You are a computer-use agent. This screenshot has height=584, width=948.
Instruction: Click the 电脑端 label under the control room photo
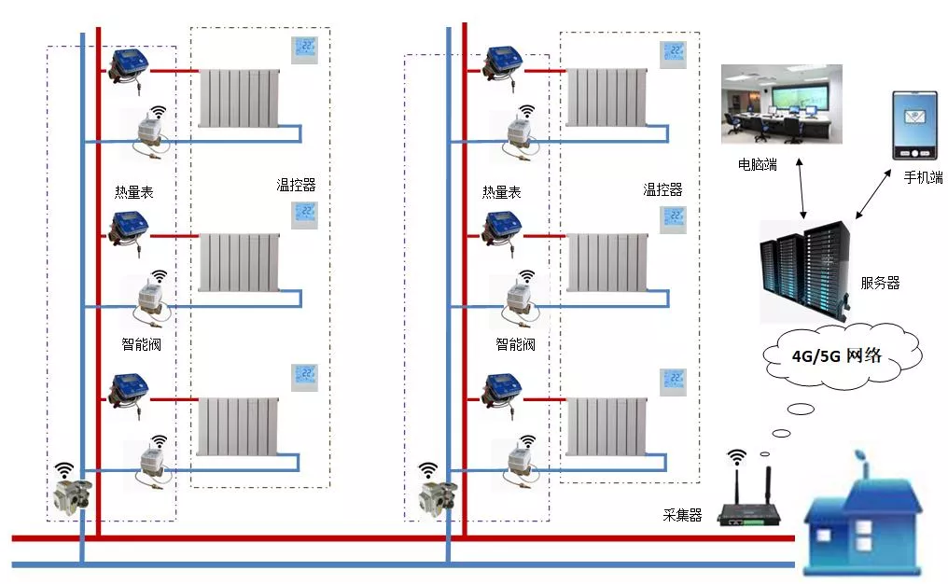[x=757, y=164]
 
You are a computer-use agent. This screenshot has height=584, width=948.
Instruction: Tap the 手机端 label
[x=923, y=177]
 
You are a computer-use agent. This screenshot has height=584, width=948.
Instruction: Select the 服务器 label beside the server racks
[x=880, y=283]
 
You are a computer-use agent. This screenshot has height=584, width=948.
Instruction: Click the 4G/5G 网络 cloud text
[x=837, y=355]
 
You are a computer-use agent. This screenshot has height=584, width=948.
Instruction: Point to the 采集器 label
[x=682, y=515]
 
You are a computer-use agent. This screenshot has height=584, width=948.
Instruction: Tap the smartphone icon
[x=914, y=125]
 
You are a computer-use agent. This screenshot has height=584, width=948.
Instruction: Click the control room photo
[x=781, y=104]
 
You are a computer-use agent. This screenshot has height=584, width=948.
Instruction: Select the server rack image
[x=806, y=271]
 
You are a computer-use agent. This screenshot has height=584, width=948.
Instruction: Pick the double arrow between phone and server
[x=873, y=193]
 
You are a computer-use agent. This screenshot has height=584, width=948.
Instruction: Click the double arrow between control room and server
[x=802, y=188]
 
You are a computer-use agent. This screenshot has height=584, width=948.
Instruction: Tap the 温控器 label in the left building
[x=297, y=185]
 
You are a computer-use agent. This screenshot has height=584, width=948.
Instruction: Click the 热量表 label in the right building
[x=502, y=192]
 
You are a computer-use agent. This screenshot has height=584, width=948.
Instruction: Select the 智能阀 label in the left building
[x=142, y=344]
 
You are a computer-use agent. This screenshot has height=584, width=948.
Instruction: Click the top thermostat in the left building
[x=305, y=50]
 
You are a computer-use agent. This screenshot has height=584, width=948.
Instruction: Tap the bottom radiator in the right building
[x=606, y=427]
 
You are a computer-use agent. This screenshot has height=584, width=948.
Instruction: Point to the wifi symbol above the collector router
[x=736, y=456]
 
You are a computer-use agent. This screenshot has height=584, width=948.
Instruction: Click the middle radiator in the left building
[x=240, y=262]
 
